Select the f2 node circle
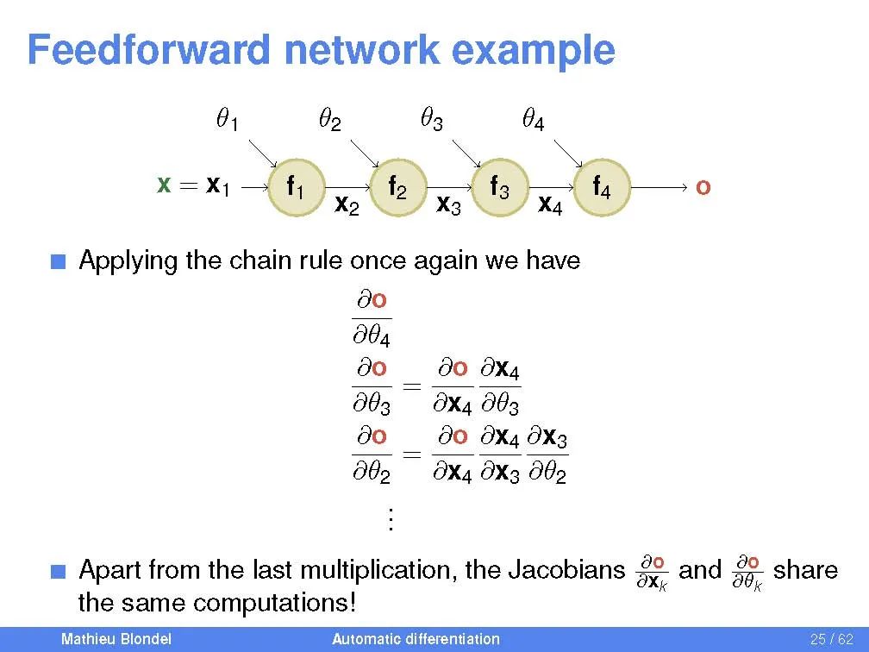coord(397,187)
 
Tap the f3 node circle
coord(499,187)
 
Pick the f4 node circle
coord(602,187)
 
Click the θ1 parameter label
coord(227,120)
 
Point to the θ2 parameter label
coord(329,120)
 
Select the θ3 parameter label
coord(431,120)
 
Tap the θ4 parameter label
coord(534,120)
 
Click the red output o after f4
coord(703,187)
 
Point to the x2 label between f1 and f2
coord(347,205)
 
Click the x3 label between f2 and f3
coord(448,205)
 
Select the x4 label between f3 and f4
coord(550,205)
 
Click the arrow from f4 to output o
coord(660,187)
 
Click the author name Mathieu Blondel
coord(116,639)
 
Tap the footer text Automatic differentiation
coord(416,639)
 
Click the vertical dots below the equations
coord(391,519)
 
